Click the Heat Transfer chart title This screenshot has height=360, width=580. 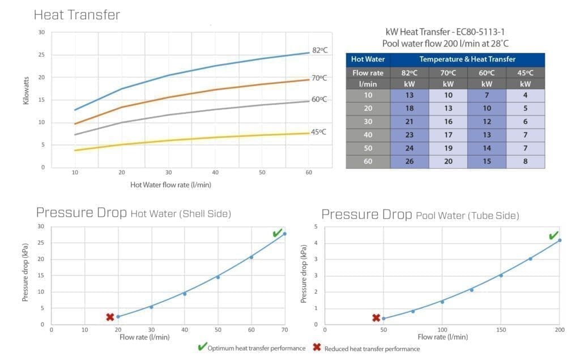(x=77, y=15)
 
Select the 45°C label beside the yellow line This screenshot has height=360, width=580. (x=318, y=132)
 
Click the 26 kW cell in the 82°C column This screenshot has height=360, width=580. (x=410, y=162)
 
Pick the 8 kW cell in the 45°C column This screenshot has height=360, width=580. (x=526, y=162)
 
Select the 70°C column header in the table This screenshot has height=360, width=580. (x=448, y=72)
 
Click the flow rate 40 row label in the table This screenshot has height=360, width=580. (x=368, y=135)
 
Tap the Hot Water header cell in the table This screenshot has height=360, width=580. (x=368, y=59)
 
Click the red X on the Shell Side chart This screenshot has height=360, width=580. (x=110, y=317)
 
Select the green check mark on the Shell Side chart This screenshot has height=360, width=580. (x=278, y=233)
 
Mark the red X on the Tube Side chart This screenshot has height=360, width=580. (x=376, y=318)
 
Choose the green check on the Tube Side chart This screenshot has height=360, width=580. (x=553, y=235)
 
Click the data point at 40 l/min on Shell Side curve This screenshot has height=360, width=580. (x=184, y=294)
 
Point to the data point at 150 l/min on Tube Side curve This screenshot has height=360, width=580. (x=501, y=275)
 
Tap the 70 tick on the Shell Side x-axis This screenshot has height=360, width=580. (x=284, y=329)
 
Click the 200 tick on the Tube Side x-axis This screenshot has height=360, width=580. (x=560, y=329)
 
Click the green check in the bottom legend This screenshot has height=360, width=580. (x=202, y=347)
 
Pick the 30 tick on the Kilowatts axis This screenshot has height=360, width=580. (x=41, y=32)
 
